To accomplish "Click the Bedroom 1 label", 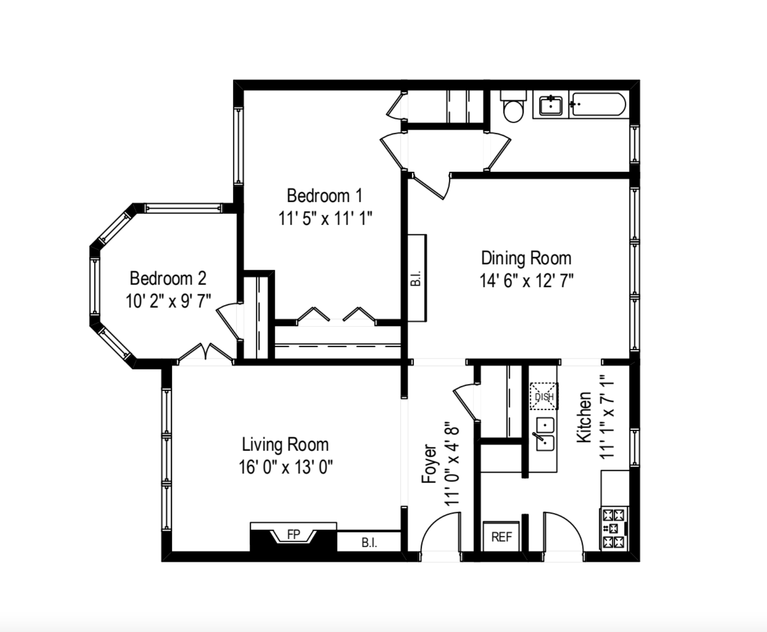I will [x=324, y=196].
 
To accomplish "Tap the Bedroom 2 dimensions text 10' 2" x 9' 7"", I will [x=168, y=301].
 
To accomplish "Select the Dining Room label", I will [x=526, y=258].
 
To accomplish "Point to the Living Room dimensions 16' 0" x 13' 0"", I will [x=285, y=467].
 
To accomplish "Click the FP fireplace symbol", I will [x=293, y=534].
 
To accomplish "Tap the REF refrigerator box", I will [x=501, y=537].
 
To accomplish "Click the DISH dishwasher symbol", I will [x=544, y=396].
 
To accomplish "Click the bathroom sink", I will [x=551, y=106].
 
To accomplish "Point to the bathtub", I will [x=598, y=105].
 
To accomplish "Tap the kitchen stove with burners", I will [x=613, y=528].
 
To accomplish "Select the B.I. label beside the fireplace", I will [x=369, y=543].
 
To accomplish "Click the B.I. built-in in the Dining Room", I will [x=416, y=278].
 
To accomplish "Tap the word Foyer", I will [x=429, y=464].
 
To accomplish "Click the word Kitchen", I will [x=584, y=417].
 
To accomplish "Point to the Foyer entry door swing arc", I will [x=439, y=531].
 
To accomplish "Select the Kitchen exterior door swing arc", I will [x=564, y=531].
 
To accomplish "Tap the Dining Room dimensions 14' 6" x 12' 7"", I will [x=526, y=280].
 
